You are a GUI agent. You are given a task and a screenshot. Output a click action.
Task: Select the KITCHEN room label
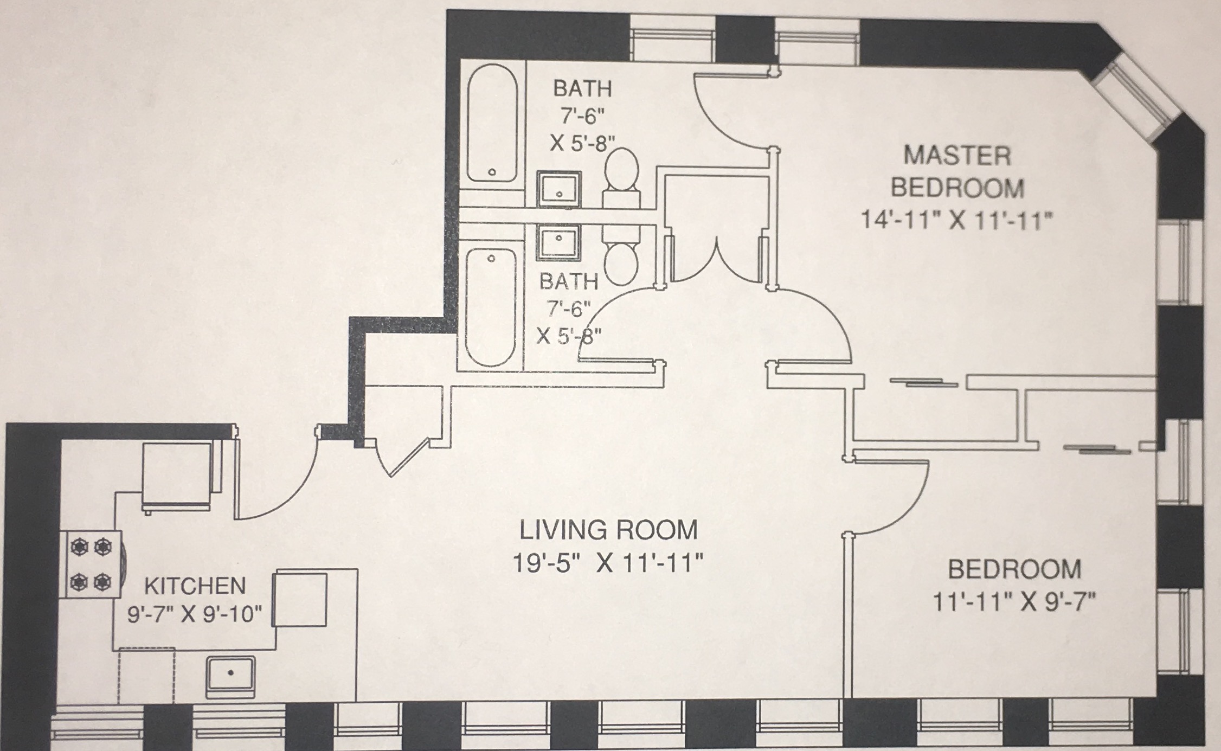pos(195,586)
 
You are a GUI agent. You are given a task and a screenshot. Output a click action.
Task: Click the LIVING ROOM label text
pos(608,530)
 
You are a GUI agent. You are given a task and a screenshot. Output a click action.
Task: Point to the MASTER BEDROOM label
pos(957,171)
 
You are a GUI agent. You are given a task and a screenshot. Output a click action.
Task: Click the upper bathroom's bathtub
pos(492,123)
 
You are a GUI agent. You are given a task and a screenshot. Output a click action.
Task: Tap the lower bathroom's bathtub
pos(491,307)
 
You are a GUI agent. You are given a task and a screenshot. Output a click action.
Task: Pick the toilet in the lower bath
pos(621,260)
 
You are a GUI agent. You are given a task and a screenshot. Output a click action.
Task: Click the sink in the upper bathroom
pos(559,189)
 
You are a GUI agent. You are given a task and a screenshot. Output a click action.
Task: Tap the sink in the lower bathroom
pos(558,241)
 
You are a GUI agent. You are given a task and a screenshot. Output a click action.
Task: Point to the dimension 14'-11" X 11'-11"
pos(957,221)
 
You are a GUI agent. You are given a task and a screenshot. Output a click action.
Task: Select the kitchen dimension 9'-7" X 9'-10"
pos(195,615)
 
